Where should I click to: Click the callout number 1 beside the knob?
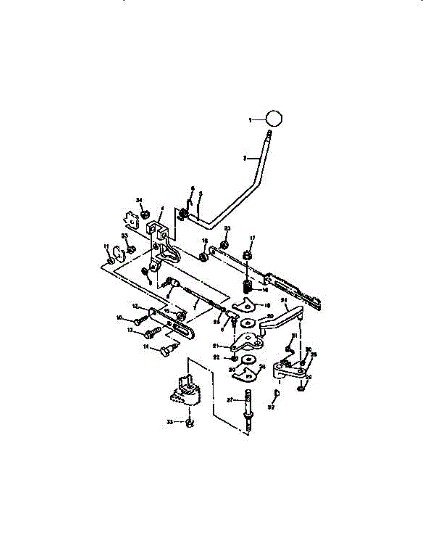250,120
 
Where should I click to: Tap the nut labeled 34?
144,214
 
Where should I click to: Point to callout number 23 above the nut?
227,228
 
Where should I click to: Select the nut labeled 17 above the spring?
248,255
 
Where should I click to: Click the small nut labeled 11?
110,262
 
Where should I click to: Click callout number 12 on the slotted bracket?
135,306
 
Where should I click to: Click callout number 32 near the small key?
271,407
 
